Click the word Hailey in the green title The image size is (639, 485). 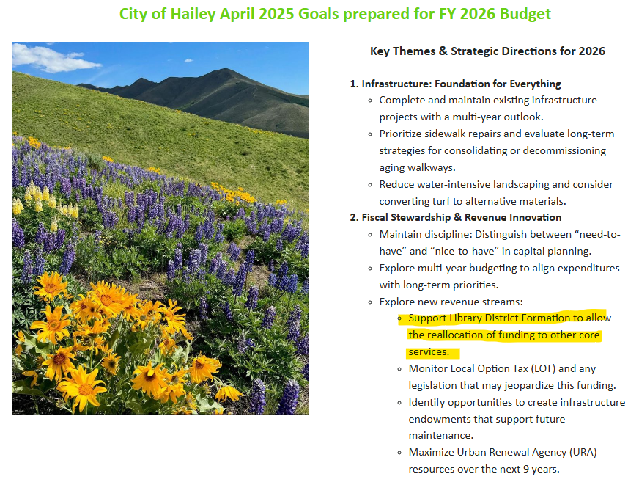pyautogui.click(x=193, y=14)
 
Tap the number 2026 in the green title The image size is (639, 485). pyautogui.click(x=478, y=14)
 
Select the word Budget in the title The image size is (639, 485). pyautogui.click(x=525, y=14)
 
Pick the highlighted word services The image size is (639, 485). pyautogui.click(x=429, y=351)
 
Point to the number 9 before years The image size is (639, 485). pyautogui.click(x=526, y=469)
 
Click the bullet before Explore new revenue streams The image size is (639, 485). pyautogui.click(x=370, y=302)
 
